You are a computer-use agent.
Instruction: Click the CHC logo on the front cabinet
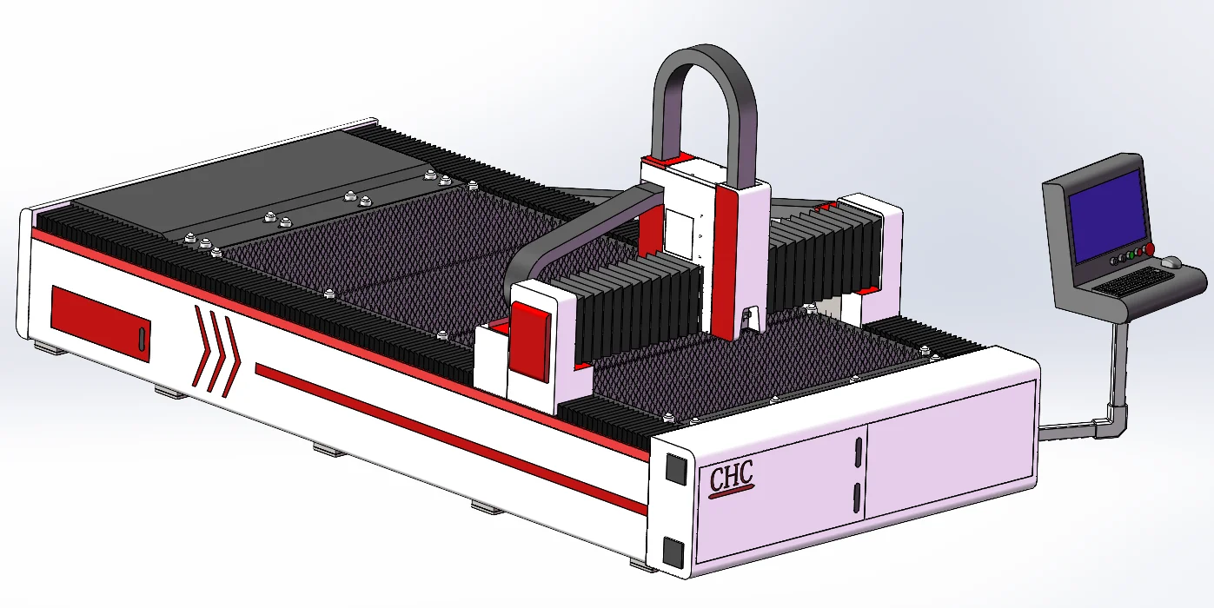pos(732,479)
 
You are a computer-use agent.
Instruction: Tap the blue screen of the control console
pos(1107,215)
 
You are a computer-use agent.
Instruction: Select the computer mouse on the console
pos(1171,263)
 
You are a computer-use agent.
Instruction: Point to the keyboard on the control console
pos(1131,281)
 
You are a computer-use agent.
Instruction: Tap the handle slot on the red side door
pos(142,339)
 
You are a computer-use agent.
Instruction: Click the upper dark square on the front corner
pos(676,468)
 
